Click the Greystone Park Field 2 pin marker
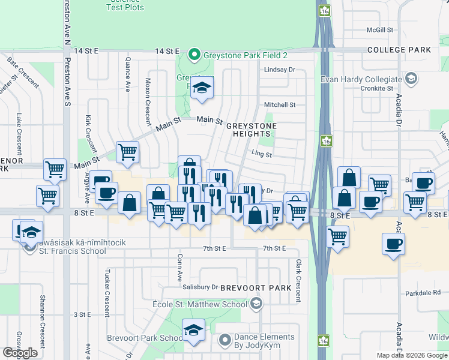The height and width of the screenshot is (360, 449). click(194, 55)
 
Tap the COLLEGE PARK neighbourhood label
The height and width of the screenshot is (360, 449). click(399, 50)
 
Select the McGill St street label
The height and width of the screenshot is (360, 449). click(380, 29)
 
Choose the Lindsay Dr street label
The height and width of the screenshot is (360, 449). click(280, 70)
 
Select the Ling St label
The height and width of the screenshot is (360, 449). click(262, 154)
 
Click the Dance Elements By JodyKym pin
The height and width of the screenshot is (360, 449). click(225, 341)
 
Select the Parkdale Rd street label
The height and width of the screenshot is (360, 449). click(423, 293)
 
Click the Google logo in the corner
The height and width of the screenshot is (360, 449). click(20, 353)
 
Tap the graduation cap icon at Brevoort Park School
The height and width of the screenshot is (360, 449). click(193, 329)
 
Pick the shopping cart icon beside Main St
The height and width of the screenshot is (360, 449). click(127, 152)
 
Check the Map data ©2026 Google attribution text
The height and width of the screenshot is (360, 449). click(411, 355)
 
